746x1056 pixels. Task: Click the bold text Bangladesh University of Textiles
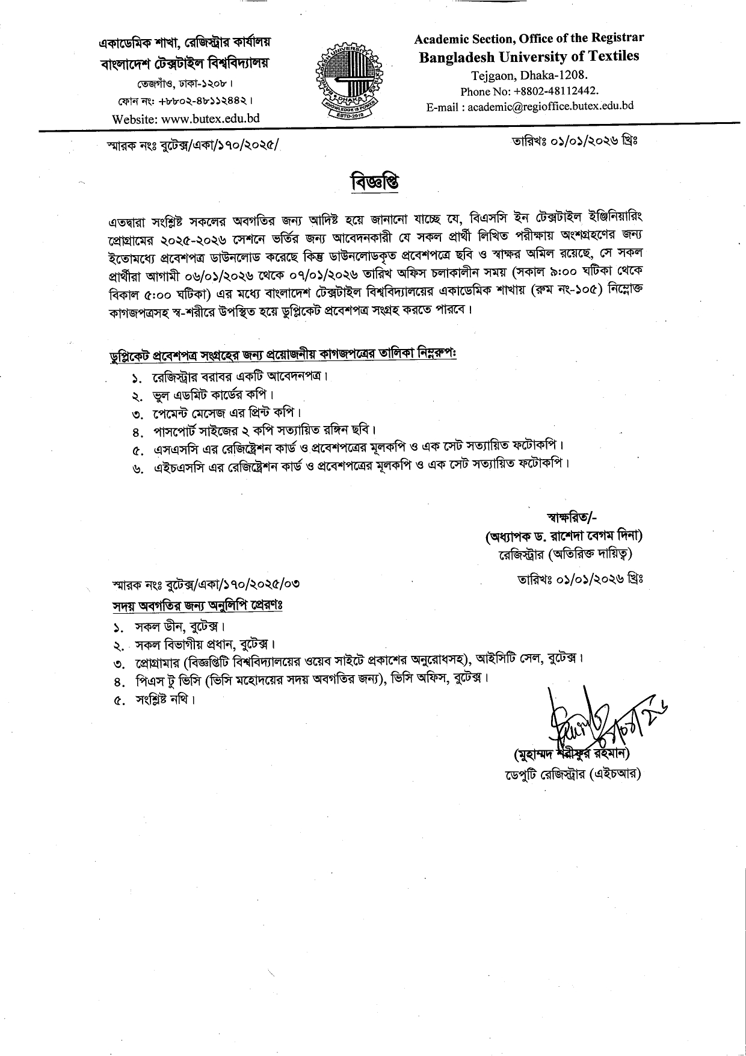click(x=529, y=57)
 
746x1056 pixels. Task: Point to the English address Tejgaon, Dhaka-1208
click(x=529, y=76)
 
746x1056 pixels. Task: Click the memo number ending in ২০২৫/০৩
click(x=206, y=583)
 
